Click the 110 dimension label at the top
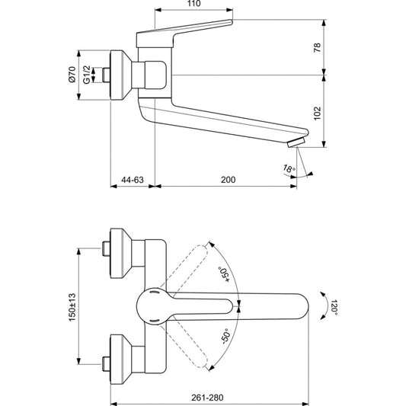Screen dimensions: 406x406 pyautogui.click(x=194, y=3)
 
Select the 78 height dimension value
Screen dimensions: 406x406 pyautogui.click(x=317, y=48)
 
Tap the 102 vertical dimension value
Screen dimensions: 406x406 pyautogui.click(x=317, y=113)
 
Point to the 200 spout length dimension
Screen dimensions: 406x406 pyautogui.click(x=228, y=180)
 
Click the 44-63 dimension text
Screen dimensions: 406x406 pyautogui.click(x=133, y=180)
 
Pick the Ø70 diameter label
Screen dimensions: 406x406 pyautogui.click(x=72, y=75)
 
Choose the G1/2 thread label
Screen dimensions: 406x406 pyautogui.click(x=87, y=75)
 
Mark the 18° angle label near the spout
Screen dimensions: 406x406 pyautogui.click(x=289, y=169)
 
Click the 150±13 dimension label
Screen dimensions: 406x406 pyautogui.click(x=72, y=307)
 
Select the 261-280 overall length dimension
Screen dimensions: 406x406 pyautogui.click(x=207, y=398)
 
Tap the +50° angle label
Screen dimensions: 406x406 pyautogui.click(x=224, y=274)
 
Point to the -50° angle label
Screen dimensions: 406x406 pyautogui.click(x=225, y=337)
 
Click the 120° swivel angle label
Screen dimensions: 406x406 pyautogui.click(x=334, y=307)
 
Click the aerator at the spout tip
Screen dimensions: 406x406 pyautogui.click(x=296, y=142)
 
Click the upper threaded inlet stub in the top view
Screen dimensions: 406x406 pyautogui.click(x=106, y=248)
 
